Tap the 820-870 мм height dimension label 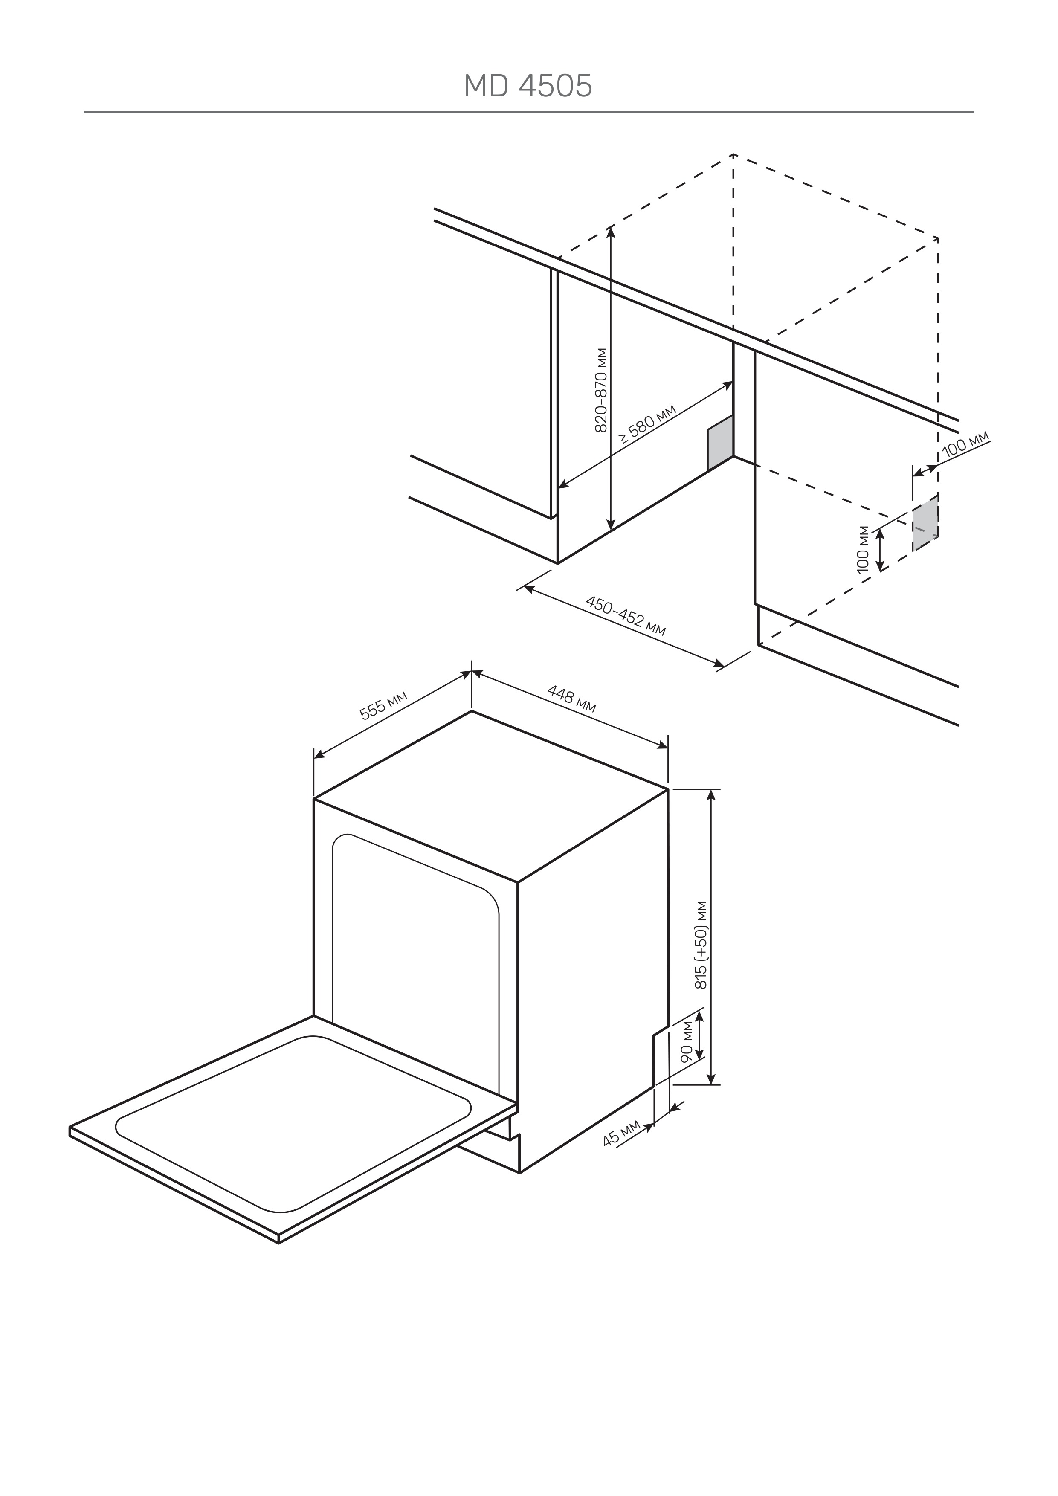601,390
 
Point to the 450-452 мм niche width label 626,615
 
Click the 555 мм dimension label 384,705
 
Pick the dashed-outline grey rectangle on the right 925,522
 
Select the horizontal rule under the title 528,112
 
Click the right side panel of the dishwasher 593,977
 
